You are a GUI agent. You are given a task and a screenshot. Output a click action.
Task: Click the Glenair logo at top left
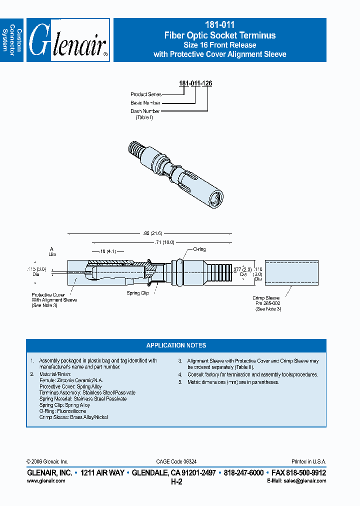click(68, 40)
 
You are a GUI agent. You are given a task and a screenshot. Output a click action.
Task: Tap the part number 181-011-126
click(195, 83)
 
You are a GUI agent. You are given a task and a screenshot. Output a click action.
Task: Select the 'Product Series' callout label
click(146, 94)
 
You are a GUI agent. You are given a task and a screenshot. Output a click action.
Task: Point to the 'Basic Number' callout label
click(145, 103)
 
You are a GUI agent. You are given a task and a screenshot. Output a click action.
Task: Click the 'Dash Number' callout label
click(145, 111)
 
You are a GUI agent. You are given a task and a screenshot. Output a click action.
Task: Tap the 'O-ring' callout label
click(199, 249)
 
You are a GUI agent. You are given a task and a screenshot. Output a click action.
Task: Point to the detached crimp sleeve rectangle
click(291, 273)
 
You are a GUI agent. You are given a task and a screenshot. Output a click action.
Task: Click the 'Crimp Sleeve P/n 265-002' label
click(268, 303)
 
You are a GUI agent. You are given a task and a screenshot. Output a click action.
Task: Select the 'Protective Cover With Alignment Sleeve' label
click(54, 300)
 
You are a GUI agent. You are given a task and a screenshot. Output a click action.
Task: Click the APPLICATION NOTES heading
click(176, 345)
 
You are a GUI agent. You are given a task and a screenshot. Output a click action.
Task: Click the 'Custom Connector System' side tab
click(12, 40)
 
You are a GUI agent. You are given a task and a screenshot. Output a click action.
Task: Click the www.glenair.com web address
click(45, 480)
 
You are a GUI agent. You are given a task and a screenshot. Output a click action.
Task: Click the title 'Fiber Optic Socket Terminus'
click(220, 35)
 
